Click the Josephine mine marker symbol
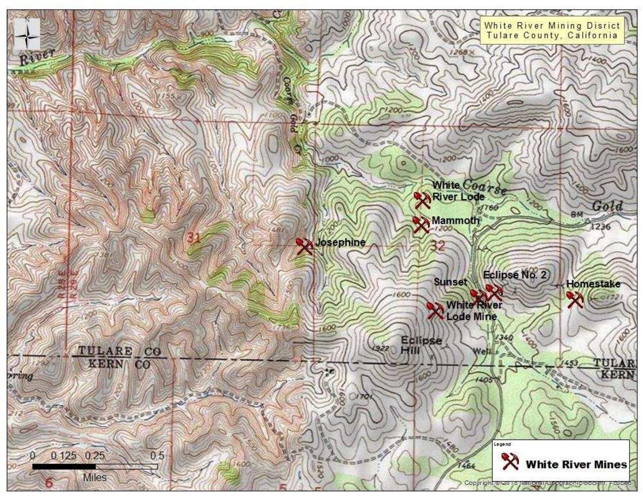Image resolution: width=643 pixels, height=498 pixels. coord(304,246)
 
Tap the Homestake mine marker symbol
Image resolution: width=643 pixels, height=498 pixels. coord(575,300)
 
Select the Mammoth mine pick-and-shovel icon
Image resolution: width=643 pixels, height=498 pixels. coord(421,225)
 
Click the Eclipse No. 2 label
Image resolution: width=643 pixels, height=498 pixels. coord(514,275)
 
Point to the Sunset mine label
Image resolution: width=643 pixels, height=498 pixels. coord(450,282)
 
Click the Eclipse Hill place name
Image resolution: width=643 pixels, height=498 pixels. coord(421,345)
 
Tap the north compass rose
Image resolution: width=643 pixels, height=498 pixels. coord(27,34)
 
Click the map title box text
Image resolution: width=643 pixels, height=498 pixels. coord(552,31)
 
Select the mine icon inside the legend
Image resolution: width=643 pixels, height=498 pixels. coord(510,461)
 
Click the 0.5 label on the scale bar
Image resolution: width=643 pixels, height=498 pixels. coord(157,455)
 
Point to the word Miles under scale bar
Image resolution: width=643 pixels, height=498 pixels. coord(94,478)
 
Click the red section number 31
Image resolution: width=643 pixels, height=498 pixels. coord(194,238)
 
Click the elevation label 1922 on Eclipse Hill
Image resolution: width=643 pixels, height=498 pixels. coord(381,348)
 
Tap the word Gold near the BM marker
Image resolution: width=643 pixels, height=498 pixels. coord(607,206)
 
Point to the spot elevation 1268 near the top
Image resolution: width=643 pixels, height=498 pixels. coord(458,52)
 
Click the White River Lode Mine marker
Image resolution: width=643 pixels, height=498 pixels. coord(435,310)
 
